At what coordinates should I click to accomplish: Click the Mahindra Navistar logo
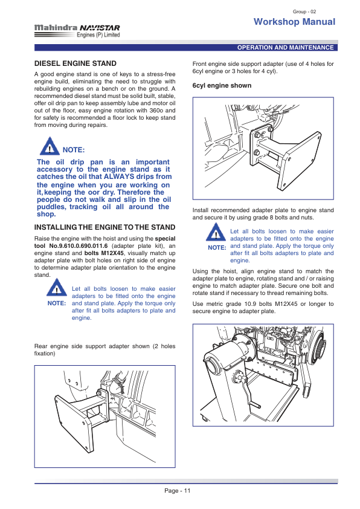[77, 31]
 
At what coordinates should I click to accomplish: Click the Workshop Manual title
[295, 22]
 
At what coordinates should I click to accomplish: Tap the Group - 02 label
[304, 11]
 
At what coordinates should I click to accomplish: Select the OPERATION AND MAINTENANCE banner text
[286, 47]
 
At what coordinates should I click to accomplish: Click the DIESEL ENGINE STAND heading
[76, 63]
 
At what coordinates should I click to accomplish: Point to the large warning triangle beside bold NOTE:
[50, 146]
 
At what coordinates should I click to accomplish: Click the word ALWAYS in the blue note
[119, 177]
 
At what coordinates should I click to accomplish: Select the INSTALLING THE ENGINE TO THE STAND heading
[104, 227]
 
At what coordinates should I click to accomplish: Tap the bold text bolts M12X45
[104, 253]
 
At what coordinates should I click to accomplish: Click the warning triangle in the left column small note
[57, 288]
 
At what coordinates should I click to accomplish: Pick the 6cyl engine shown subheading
[222, 85]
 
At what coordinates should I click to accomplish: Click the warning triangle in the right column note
[216, 232]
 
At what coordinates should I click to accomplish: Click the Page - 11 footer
[178, 490]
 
